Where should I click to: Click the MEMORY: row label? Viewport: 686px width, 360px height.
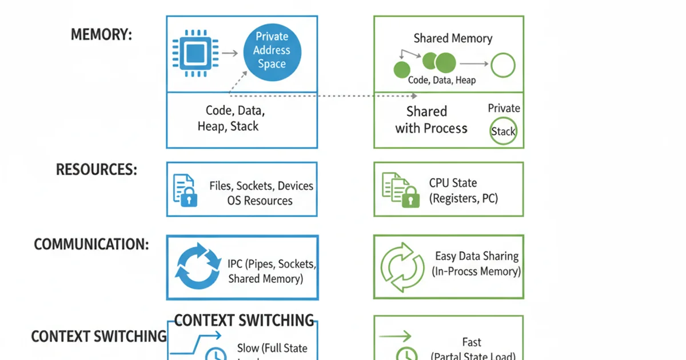tap(101, 35)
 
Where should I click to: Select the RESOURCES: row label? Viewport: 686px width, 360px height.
tap(96, 170)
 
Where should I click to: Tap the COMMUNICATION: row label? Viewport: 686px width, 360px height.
tap(91, 245)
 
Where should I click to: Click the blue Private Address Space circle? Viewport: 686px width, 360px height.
tap(272, 51)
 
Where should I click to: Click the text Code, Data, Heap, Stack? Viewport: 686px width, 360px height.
tap(231, 118)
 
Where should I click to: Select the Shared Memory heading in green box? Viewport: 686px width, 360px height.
tap(453, 39)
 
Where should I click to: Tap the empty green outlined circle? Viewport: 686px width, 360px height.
tap(503, 65)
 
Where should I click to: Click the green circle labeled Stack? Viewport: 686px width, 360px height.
tap(503, 131)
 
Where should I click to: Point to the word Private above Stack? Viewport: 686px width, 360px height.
tap(504, 109)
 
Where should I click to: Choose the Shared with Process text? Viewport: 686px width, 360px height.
tap(430, 120)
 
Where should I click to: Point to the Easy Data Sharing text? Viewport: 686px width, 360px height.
tap(477, 257)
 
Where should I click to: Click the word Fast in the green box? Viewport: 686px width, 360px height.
tap(472, 342)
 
